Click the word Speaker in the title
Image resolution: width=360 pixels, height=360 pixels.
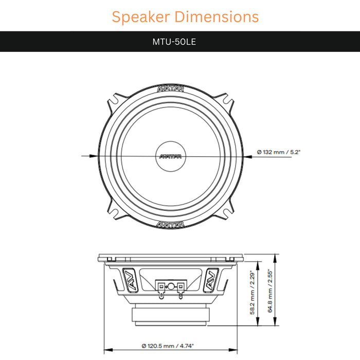tap(141, 16)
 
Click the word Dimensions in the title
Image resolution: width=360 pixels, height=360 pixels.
tap(216, 16)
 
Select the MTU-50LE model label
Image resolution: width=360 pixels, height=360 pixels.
tap(174, 42)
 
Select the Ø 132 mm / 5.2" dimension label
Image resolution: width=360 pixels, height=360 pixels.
tap(278, 152)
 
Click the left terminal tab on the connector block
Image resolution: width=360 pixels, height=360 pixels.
tap(163, 293)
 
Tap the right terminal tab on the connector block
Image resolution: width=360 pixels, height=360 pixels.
tap(181, 293)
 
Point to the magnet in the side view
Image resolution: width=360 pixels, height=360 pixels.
tap(171, 315)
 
